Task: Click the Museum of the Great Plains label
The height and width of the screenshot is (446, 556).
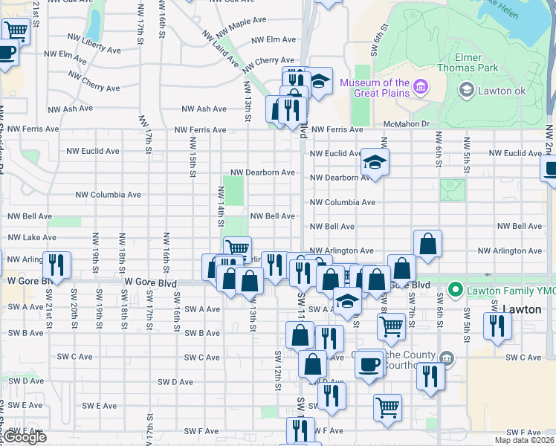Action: (x=375, y=88)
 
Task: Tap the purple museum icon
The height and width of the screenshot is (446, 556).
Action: (x=420, y=88)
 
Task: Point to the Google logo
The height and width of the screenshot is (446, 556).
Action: (x=25, y=437)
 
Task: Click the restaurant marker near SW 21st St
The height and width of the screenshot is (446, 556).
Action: (x=56, y=264)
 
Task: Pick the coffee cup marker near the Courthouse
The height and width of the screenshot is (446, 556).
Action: (x=369, y=363)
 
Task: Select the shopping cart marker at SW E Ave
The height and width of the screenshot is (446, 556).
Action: (x=387, y=407)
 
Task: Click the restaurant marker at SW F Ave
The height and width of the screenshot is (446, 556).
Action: (x=300, y=430)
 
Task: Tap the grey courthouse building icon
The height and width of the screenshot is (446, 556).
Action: (x=445, y=358)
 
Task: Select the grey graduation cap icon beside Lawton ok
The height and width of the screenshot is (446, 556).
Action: (x=466, y=91)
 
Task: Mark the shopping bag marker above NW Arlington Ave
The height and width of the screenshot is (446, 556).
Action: (x=428, y=243)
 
